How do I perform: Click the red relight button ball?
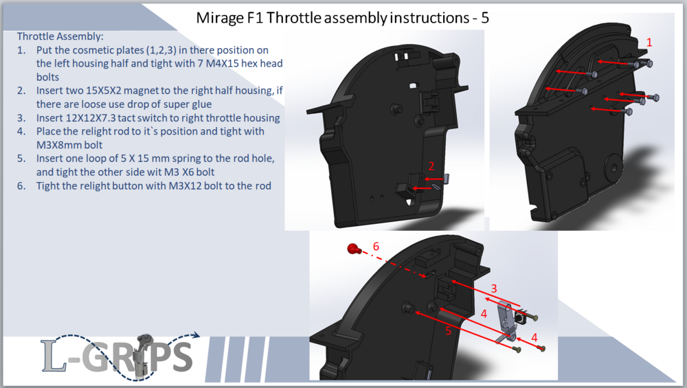[x=352, y=249]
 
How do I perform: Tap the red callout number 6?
[x=376, y=247]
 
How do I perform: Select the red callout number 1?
[x=649, y=43]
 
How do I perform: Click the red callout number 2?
[x=431, y=166]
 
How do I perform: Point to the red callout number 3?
[x=494, y=288]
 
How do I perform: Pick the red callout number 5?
[x=448, y=330]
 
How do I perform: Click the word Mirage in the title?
[x=220, y=19]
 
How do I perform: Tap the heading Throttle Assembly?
[x=60, y=36]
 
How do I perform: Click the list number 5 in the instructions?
[x=21, y=159]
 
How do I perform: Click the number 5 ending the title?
[x=484, y=18]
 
